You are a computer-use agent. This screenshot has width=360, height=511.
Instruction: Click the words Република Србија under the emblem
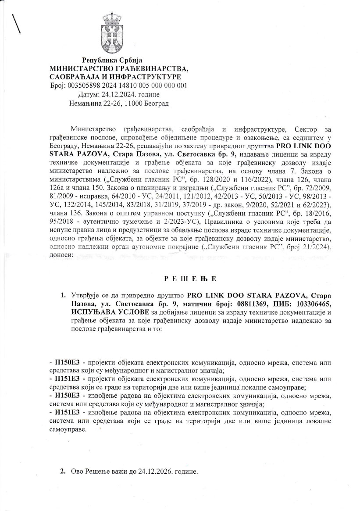(112, 60)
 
